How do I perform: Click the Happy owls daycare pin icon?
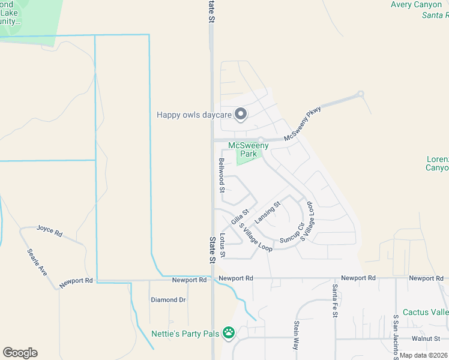(241, 114)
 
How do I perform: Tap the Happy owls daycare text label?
(194, 115)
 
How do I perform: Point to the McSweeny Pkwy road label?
(303, 124)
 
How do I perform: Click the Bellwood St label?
(221, 175)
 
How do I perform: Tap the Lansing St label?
(268, 212)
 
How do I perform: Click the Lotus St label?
(222, 245)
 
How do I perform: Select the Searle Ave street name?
(37, 262)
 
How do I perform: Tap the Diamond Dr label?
(168, 299)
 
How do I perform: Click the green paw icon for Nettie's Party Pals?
(228, 332)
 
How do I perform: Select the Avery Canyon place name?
(416, 5)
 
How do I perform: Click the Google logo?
(20, 353)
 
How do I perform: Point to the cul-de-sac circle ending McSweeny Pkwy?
(361, 94)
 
